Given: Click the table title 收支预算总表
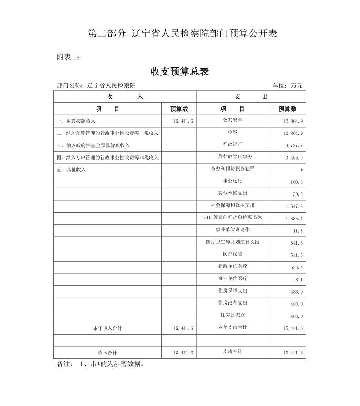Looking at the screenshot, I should click(180, 72).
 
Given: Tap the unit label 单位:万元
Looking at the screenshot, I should click(287, 85).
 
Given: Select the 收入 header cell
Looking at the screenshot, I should click(124, 96).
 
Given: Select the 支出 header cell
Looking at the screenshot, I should click(251, 96).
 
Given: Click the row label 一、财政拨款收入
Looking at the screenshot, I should click(76, 121).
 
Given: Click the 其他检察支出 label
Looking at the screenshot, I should click(232, 193).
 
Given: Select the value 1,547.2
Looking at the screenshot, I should click(294, 207).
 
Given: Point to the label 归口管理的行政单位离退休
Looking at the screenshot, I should click(232, 218).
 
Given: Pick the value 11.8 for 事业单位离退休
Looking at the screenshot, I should click(298, 231).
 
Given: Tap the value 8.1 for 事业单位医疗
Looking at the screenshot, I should click(299, 279).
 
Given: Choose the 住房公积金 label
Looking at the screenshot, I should click(232, 315).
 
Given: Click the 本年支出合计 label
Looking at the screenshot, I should click(232, 327).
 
